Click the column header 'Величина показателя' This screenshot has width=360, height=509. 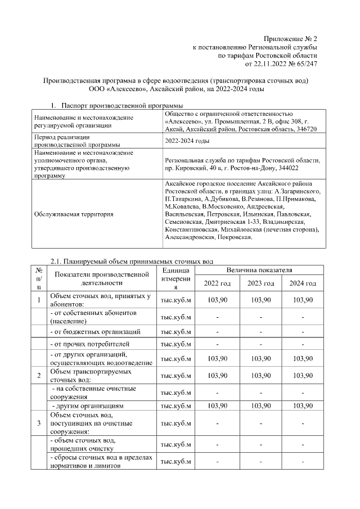pos(259,271)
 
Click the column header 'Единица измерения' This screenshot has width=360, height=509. pos(176,279)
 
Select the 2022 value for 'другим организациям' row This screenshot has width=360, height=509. pos(217,405)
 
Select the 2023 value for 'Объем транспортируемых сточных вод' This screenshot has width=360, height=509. pos(260,375)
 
